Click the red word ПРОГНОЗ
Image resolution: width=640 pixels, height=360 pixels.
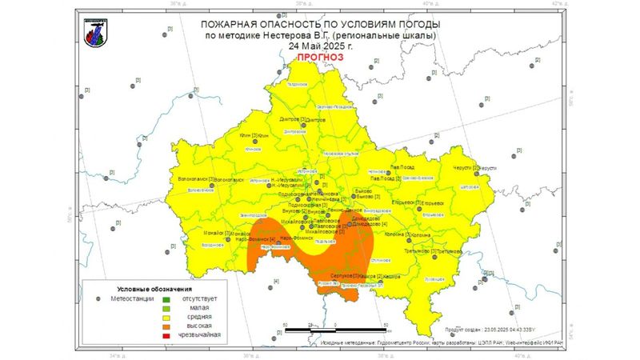point(319,58)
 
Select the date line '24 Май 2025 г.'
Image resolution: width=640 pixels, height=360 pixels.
point(320,46)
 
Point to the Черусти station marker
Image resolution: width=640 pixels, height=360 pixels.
point(477,168)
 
